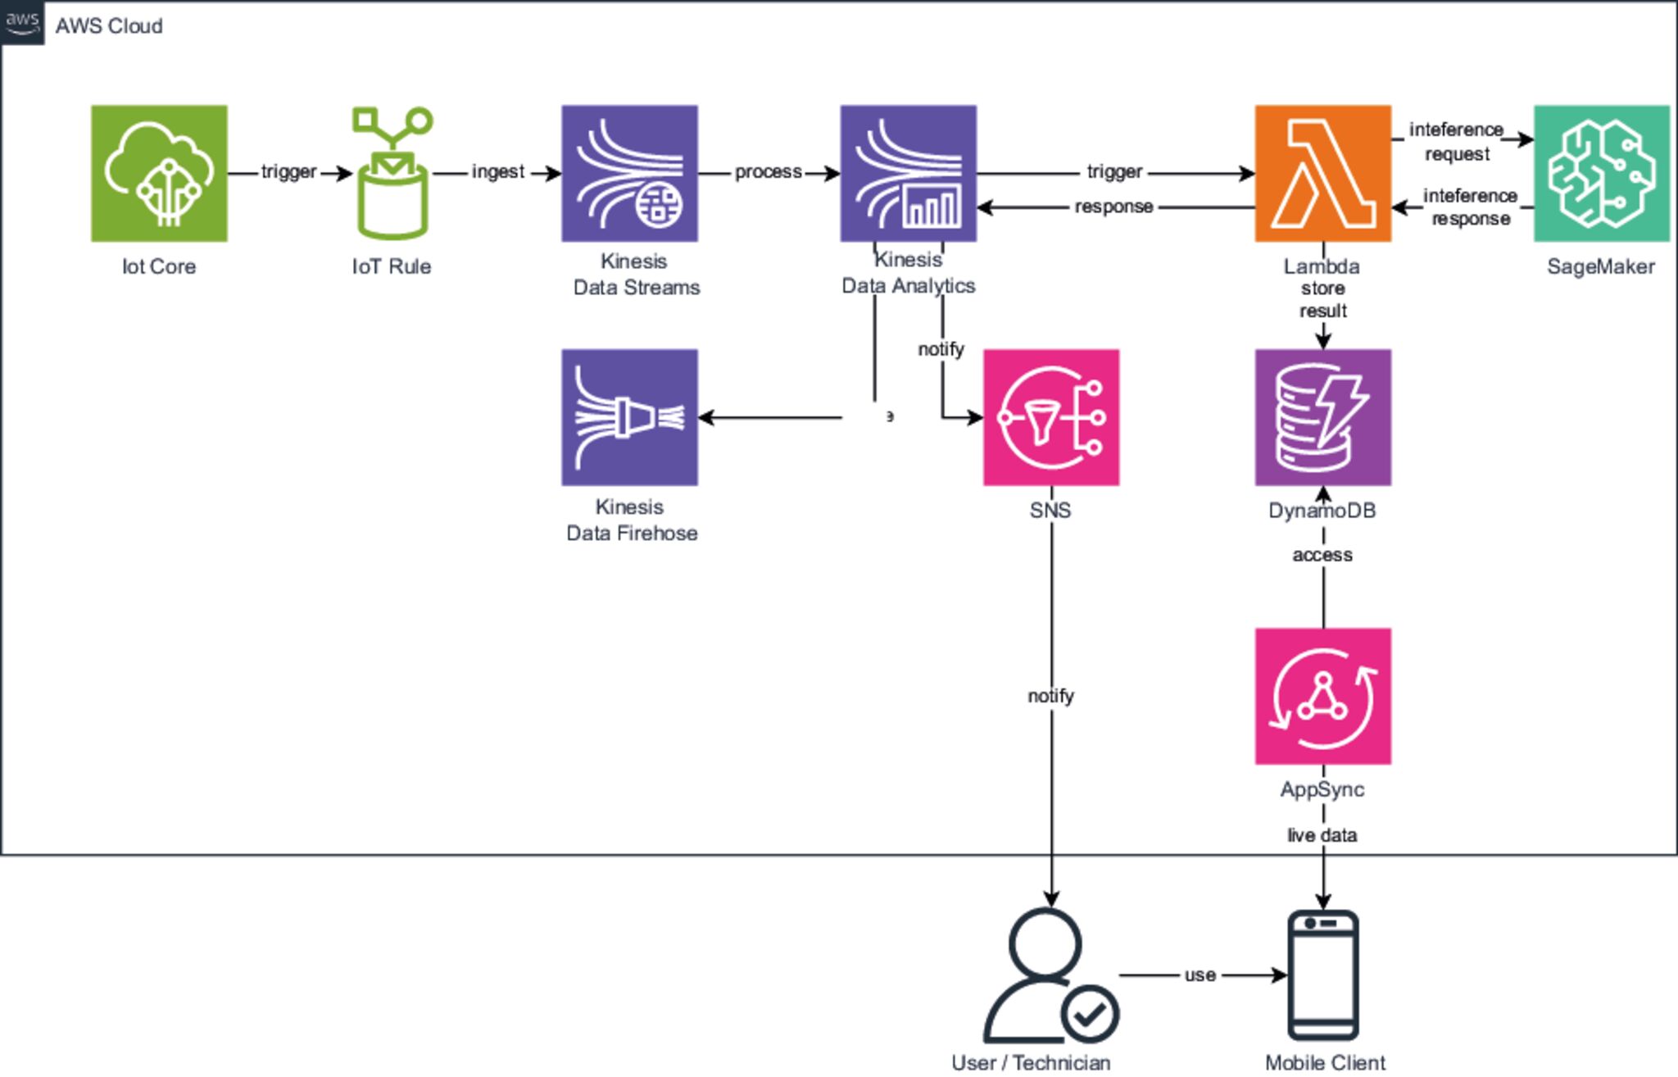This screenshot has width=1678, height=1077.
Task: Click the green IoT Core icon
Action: (x=159, y=173)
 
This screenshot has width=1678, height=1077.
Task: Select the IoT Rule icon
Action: (x=392, y=173)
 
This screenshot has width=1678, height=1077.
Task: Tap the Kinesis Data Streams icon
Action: (x=629, y=173)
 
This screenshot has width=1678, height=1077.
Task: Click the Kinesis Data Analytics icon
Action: (x=908, y=173)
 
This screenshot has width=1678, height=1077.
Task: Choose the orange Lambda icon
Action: (x=1322, y=173)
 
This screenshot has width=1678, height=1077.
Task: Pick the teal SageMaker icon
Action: (x=1601, y=173)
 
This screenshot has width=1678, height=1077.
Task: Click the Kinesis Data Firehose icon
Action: (x=629, y=417)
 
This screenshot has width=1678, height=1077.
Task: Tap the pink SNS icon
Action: (x=1050, y=417)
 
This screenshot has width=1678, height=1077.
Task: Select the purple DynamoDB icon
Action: (x=1322, y=417)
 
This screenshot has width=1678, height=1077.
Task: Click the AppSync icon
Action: (x=1322, y=696)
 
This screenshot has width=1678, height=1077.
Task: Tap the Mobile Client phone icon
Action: (x=1323, y=975)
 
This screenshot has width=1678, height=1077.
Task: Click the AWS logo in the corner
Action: (x=22, y=22)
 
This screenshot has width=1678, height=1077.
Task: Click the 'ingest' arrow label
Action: (x=497, y=172)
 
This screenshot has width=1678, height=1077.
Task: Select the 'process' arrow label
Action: (x=768, y=172)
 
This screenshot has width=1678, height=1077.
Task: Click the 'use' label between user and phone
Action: (x=1200, y=975)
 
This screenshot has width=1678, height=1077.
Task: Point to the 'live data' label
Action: (x=1322, y=835)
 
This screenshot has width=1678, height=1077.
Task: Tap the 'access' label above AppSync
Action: (x=1322, y=555)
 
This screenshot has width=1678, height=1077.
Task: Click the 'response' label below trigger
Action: (x=1113, y=207)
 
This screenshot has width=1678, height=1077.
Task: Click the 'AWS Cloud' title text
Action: (x=109, y=26)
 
